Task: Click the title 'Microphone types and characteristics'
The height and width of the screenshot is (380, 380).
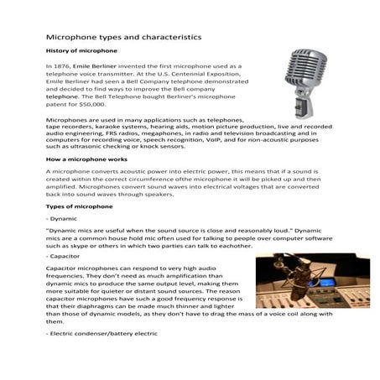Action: pyautogui.click(x=122, y=38)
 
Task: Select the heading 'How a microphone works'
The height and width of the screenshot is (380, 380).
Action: pyautogui.click(x=87, y=158)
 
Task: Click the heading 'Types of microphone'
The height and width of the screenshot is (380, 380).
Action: pyautogui.click(x=78, y=206)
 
